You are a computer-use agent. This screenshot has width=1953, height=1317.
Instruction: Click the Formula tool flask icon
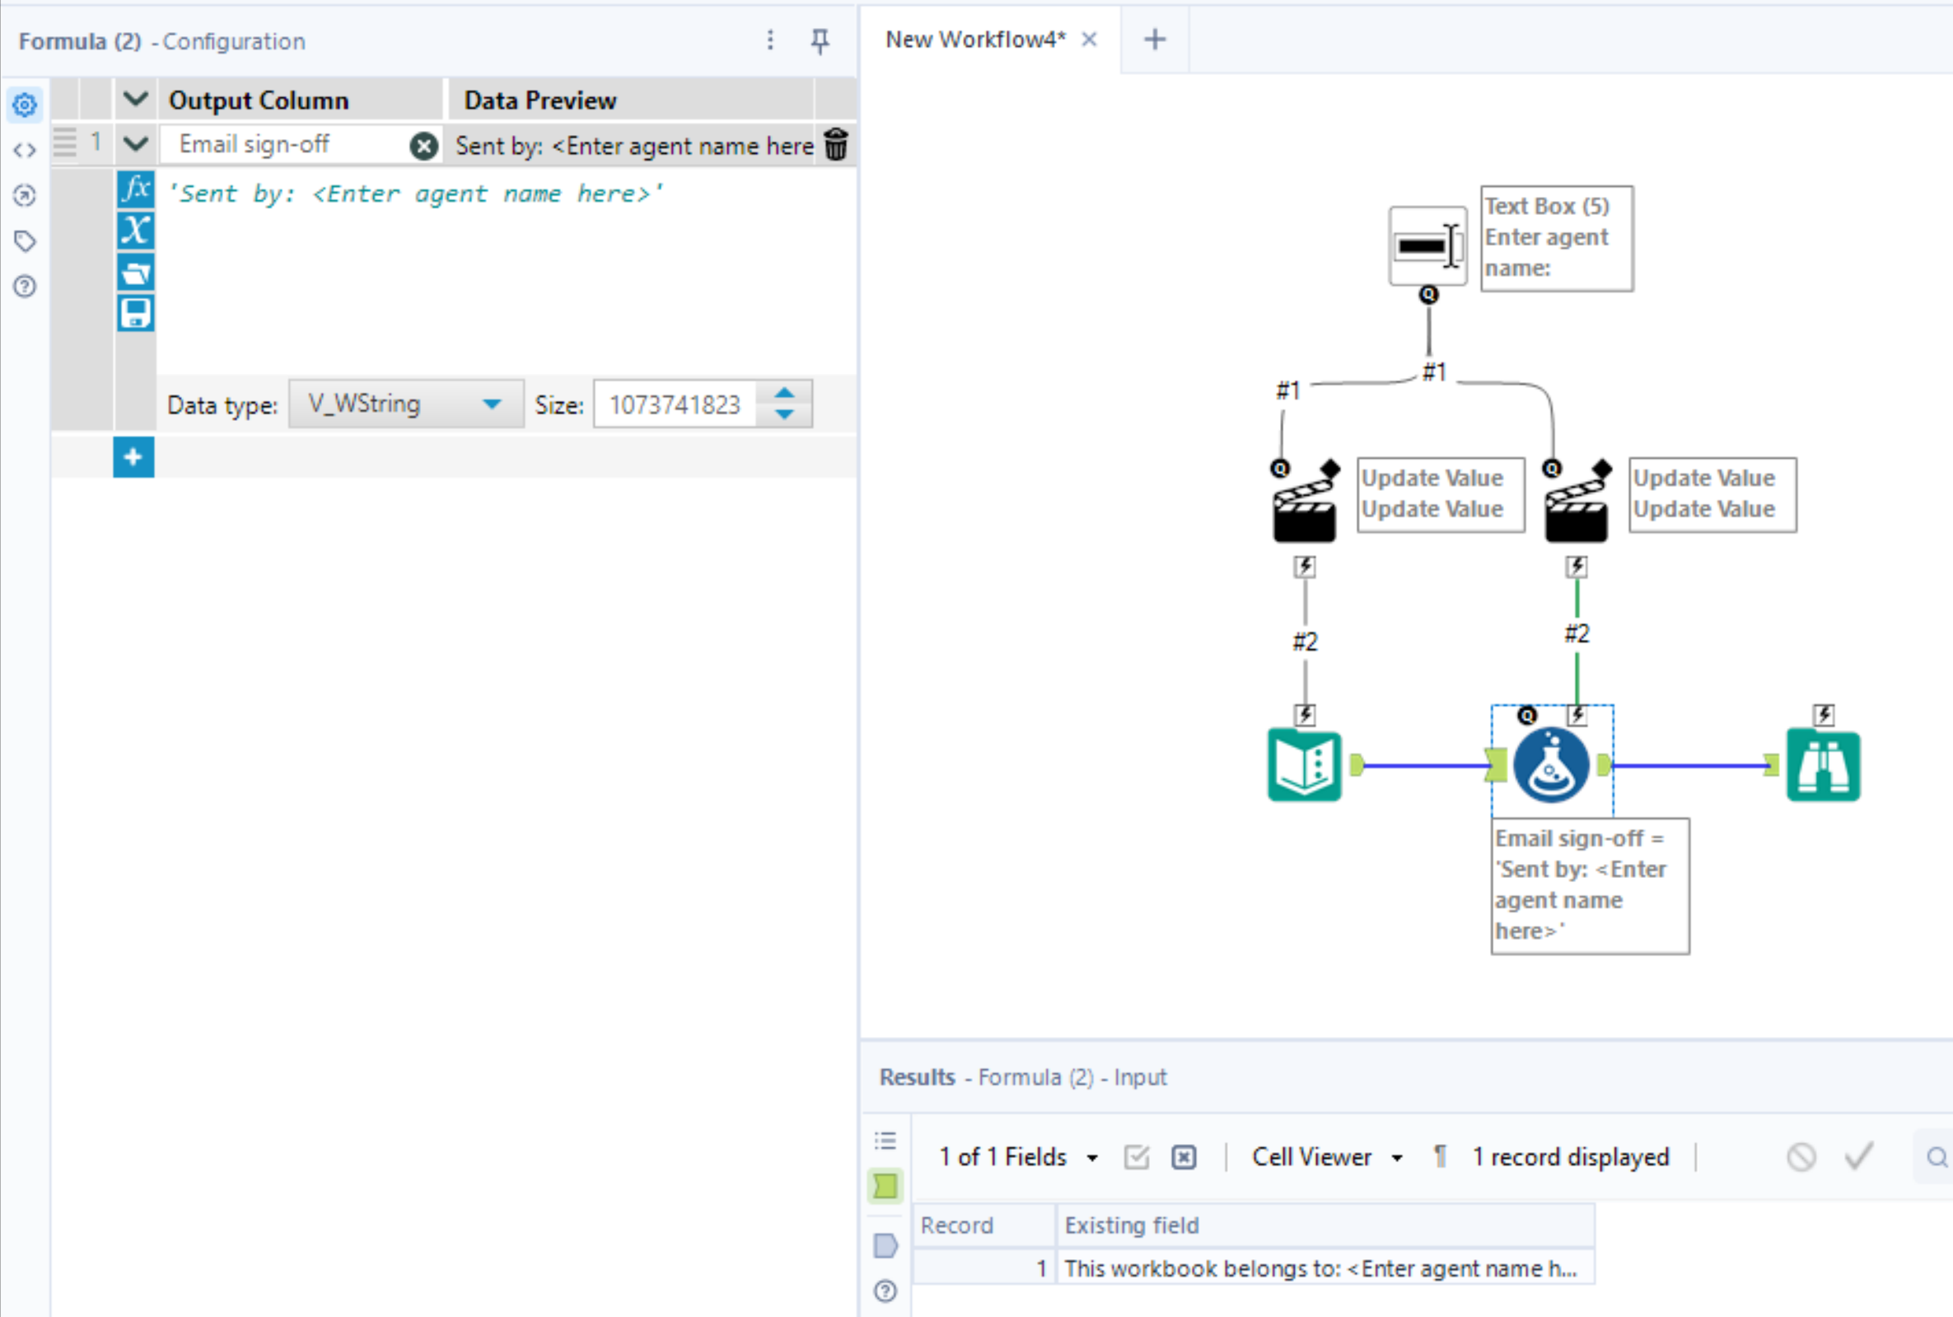click(x=1551, y=765)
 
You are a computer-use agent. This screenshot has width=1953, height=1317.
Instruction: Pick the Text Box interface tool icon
click(x=1427, y=247)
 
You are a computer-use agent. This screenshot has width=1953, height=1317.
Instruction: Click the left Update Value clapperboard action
click(x=1304, y=509)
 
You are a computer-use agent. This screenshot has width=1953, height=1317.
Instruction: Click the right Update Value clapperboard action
click(x=1576, y=509)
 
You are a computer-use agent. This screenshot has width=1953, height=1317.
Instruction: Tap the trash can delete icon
click(x=836, y=144)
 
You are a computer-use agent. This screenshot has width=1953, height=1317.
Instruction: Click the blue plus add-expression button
click(x=133, y=457)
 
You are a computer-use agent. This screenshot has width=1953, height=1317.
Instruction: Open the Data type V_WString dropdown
click(x=406, y=404)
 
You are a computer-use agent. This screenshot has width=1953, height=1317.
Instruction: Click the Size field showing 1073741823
click(x=675, y=405)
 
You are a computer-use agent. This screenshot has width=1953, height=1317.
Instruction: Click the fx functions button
click(x=135, y=189)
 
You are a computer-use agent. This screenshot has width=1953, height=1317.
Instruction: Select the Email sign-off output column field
click(x=286, y=144)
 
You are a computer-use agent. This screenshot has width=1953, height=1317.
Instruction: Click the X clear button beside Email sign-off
click(x=424, y=146)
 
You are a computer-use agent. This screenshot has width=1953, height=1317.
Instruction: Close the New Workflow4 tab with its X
click(x=1089, y=40)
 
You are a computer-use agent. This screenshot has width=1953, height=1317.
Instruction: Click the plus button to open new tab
click(x=1155, y=40)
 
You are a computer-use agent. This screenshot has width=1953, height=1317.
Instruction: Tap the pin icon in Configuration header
click(x=820, y=40)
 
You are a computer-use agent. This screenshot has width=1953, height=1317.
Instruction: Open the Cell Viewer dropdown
click(x=1326, y=1156)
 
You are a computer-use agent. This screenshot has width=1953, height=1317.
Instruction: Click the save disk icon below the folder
click(x=135, y=313)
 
